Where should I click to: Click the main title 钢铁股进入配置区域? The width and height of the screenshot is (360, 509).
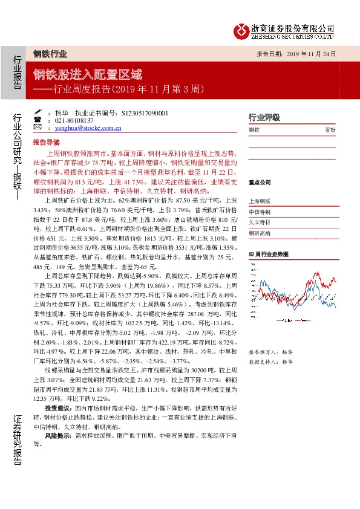tap(88, 74)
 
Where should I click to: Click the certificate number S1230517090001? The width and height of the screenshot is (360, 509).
tap(145, 113)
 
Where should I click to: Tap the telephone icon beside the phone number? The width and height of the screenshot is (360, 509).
tap(38, 121)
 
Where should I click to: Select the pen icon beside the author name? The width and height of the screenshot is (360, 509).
tap(38, 113)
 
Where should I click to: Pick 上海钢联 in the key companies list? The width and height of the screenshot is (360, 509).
tap(260, 201)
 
